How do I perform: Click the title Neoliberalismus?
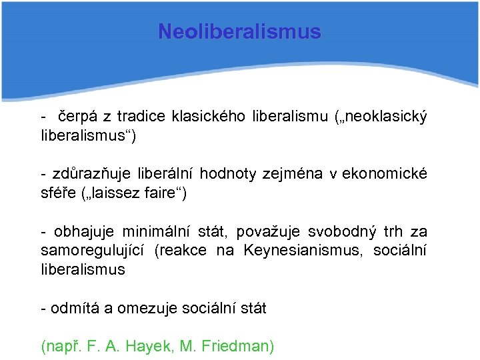click(239, 31)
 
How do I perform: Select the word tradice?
click(143, 117)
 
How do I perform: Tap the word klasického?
click(209, 117)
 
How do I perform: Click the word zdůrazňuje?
click(85, 174)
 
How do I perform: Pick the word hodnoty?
click(227, 174)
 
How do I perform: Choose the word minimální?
click(156, 232)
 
